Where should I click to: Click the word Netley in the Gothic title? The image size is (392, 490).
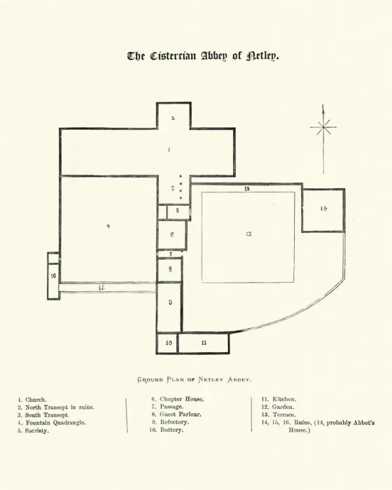262,56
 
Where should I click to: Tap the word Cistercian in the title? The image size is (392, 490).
173,56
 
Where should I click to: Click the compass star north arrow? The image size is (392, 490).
323,139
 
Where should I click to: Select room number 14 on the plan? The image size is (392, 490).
323,210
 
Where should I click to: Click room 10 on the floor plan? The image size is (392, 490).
167,343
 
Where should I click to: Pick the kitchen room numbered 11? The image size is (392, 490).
204,343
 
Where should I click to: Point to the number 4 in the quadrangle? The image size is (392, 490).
108,226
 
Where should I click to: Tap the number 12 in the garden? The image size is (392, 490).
248,234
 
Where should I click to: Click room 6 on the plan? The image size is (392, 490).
172,235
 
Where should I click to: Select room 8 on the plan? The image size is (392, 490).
169,269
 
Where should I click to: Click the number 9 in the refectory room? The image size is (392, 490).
170,302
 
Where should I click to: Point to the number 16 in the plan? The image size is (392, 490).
53,276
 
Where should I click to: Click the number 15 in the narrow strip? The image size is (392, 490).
101,288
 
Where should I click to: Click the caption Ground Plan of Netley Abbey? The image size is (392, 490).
194,379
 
